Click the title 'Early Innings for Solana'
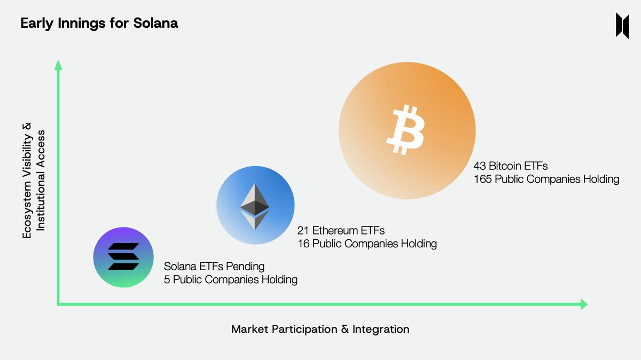[x=99, y=24]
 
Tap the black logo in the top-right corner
[x=622, y=25]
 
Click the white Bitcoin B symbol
[x=405, y=130]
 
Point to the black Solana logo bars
[x=123, y=256]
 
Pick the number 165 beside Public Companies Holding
[x=482, y=179]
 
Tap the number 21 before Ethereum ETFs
[x=303, y=231]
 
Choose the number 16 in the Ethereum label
[x=303, y=244]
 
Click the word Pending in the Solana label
[x=245, y=266]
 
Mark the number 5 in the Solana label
[x=167, y=279]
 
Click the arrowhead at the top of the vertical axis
[x=59, y=65]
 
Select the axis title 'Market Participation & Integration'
[x=320, y=329]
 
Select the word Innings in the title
[x=78, y=24]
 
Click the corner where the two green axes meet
[x=59, y=304]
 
